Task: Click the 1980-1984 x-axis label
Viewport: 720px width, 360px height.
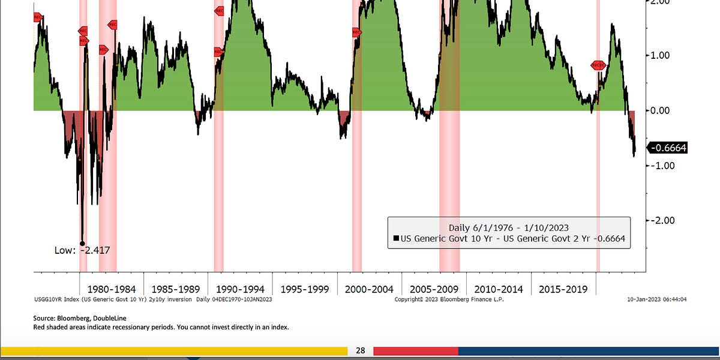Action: click(x=111, y=289)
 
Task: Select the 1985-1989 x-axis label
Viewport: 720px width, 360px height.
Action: click(x=175, y=289)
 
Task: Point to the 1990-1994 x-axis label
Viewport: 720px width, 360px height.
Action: click(x=240, y=289)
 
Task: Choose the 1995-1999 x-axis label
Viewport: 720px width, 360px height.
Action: click(x=305, y=289)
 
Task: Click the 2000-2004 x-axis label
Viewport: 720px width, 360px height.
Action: click(x=369, y=289)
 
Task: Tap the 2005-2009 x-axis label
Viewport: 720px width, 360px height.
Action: click(x=434, y=289)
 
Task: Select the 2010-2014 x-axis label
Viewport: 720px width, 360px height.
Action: click(x=499, y=289)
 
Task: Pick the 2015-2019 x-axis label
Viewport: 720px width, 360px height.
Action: click(x=563, y=289)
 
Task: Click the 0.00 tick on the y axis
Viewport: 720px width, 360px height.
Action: click(x=664, y=110)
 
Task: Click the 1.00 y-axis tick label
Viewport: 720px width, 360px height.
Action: click(x=664, y=55)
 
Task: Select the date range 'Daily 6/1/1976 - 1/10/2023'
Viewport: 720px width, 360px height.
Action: click(x=509, y=227)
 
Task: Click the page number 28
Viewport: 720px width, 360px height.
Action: click(x=361, y=350)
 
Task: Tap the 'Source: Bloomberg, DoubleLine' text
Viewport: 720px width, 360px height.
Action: click(x=80, y=318)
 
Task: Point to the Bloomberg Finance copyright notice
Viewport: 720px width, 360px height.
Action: click(x=449, y=299)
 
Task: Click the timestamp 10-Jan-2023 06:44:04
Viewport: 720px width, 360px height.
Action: click(x=657, y=299)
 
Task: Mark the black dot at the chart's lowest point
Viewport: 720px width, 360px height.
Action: click(x=82, y=244)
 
